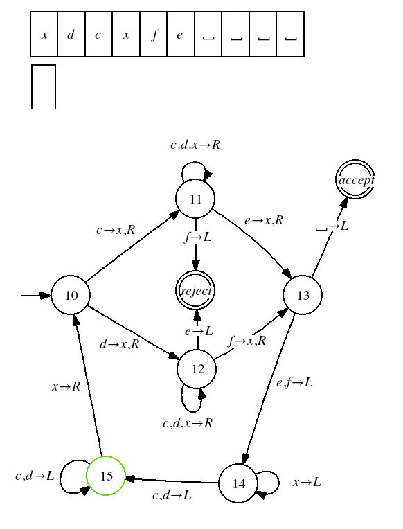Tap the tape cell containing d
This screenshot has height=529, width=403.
(x=71, y=35)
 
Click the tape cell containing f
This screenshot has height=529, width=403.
(x=154, y=35)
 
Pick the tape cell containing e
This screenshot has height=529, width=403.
(x=181, y=35)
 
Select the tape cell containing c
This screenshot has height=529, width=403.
(x=98, y=35)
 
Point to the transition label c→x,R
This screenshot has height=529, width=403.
(x=116, y=230)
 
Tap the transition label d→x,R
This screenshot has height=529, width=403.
(x=120, y=344)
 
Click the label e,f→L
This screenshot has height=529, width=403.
(x=294, y=383)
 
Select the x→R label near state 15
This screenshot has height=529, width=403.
(x=66, y=386)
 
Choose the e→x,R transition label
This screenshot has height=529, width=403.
(x=264, y=220)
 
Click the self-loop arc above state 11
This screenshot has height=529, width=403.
(x=193, y=162)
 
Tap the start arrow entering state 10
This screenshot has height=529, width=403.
(x=36, y=296)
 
